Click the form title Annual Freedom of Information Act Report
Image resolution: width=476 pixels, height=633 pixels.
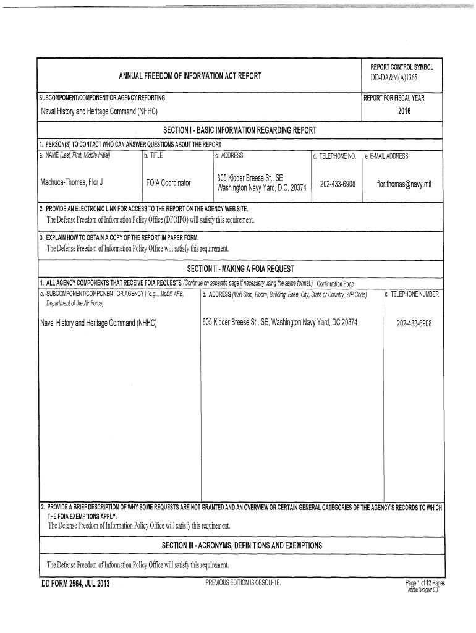click(x=190, y=76)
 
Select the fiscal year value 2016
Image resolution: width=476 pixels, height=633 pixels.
click(x=404, y=111)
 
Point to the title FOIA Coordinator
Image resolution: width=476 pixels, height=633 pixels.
click(x=169, y=183)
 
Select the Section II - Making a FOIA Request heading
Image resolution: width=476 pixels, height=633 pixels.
click(x=240, y=268)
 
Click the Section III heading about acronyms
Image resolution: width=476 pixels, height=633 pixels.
click(x=242, y=546)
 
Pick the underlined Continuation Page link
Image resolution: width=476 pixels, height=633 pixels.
click(x=335, y=284)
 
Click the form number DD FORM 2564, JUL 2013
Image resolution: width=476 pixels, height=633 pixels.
click(x=75, y=584)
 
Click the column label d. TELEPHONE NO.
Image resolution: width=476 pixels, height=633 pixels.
click(x=334, y=156)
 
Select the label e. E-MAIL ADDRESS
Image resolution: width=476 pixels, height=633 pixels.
click(x=386, y=156)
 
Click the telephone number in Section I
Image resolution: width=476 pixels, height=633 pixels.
click(x=338, y=183)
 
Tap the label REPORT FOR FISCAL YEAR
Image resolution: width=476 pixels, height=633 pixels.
click(x=394, y=98)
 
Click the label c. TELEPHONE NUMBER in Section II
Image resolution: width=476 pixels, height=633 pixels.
click(x=412, y=294)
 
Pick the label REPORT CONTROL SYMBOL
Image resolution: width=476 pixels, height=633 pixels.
click(x=402, y=67)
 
